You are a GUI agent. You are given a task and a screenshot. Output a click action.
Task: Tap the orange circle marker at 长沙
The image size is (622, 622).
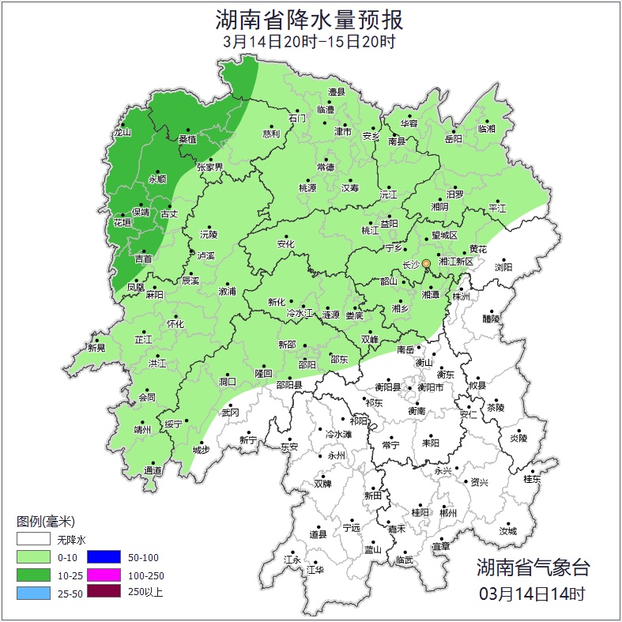(427, 263)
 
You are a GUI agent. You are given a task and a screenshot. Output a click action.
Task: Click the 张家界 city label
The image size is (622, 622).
(210, 168)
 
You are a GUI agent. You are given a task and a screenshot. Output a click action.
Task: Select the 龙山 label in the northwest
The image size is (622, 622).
(123, 133)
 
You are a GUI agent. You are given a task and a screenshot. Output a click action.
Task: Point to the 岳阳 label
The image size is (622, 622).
(453, 139)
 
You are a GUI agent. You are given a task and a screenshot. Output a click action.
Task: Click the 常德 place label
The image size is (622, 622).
(326, 168)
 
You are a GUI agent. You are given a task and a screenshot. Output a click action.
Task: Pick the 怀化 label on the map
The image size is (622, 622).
(175, 324)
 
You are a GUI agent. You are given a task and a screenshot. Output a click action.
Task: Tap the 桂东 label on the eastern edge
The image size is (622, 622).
(532, 479)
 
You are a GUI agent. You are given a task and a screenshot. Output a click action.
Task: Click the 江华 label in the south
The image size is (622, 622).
(315, 569)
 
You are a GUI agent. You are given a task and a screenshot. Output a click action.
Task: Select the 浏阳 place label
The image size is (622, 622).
(503, 268)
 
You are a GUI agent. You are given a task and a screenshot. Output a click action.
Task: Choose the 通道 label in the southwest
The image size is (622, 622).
(153, 471)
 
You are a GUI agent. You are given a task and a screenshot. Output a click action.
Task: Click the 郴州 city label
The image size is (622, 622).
(449, 513)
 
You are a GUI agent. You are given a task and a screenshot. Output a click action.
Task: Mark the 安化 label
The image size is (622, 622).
(285, 244)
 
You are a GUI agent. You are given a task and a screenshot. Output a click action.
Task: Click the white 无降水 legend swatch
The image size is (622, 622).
(33, 540)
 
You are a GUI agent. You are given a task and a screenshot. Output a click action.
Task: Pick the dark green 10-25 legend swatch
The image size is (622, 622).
(33, 575)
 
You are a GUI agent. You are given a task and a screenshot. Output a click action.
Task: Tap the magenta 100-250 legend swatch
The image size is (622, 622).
(104, 575)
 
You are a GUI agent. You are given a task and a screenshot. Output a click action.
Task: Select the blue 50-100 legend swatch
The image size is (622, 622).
(104, 557)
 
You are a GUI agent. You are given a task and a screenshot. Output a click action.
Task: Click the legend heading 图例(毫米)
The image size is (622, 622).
(45, 522)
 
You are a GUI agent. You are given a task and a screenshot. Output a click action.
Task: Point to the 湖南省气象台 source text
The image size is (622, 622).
(533, 567)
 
